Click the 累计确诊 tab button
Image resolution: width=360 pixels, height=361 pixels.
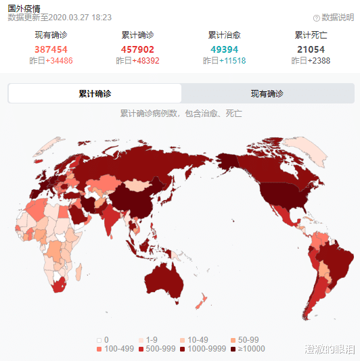click(95, 93)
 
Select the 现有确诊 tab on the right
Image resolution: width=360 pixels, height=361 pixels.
click(267, 93)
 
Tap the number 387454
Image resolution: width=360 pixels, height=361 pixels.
click(51, 49)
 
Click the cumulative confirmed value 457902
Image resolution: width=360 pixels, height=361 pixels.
click(137, 49)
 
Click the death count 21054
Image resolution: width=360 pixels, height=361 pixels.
click(311, 49)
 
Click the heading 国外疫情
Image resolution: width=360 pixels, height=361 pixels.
click(24, 8)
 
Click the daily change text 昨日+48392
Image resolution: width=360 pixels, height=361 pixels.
click(137, 61)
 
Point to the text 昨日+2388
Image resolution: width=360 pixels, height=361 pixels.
click(311, 61)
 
